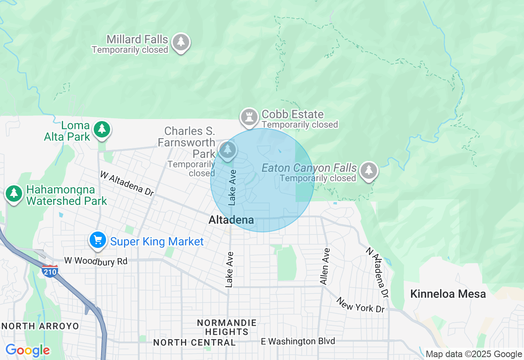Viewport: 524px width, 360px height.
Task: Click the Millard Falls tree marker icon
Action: [181, 42]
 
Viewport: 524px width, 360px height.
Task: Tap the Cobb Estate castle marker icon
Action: [249, 117]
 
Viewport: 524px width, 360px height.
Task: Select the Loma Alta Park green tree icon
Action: [102, 129]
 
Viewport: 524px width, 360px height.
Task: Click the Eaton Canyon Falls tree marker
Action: [369, 171]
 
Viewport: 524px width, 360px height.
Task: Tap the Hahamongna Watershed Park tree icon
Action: [14, 193]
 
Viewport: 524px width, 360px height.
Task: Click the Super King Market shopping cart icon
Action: [98, 240]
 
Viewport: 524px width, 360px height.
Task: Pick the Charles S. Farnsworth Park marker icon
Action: [227, 150]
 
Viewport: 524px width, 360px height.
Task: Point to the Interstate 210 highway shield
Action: [50, 271]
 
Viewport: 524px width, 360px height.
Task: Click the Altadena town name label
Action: [231, 220]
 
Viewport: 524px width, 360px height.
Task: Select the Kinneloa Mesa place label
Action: [448, 294]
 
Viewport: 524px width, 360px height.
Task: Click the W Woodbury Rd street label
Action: [96, 261]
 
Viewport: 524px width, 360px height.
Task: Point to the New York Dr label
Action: [360, 305]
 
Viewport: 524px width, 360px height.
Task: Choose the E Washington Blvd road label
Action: [298, 341]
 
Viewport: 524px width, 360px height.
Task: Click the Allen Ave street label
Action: [325, 266]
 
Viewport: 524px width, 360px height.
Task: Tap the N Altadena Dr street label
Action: [377, 272]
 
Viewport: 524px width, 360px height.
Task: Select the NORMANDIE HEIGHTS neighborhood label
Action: [227, 327]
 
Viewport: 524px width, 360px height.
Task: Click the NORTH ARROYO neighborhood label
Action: [41, 326]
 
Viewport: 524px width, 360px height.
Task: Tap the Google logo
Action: [27, 350]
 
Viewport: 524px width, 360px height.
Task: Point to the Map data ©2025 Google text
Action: [474, 354]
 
